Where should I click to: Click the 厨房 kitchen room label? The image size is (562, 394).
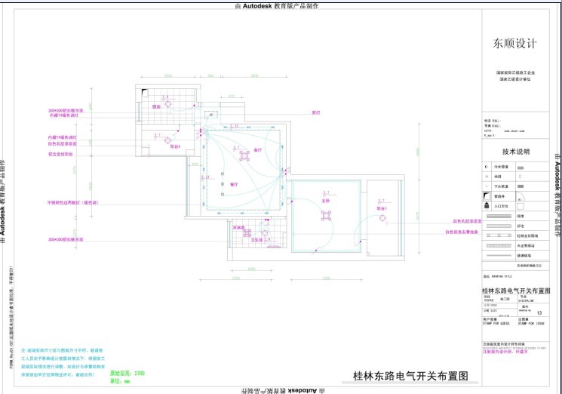tap(156, 107)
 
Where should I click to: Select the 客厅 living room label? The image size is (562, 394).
tap(256, 150)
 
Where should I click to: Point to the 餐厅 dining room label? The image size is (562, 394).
tap(234, 184)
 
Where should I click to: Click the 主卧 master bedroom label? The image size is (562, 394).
tap(326, 201)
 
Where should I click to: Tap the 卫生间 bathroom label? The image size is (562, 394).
tap(256, 240)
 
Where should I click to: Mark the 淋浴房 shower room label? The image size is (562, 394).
tap(238, 227)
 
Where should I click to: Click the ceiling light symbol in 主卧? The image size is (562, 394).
tap(326, 215)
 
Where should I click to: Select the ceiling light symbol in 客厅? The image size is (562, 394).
tap(244, 155)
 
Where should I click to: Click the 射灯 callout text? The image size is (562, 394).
tap(316, 112)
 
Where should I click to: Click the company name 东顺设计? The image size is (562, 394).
tap(515, 44)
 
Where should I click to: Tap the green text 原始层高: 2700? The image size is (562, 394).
tap(127, 374)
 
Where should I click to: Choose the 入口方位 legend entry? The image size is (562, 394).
tap(501, 205)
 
